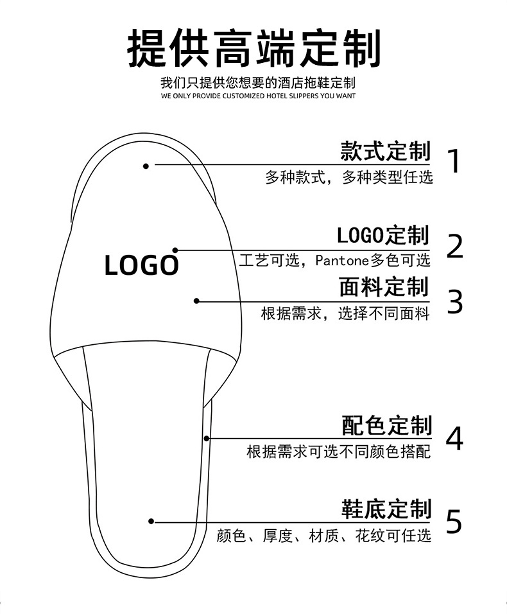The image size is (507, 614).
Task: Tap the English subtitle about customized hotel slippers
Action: [x=258, y=96]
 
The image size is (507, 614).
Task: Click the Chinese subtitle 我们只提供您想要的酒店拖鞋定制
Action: [x=258, y=83]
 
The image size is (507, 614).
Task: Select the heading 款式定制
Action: [x=385, y=152]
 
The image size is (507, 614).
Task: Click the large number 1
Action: [x=454, y=161]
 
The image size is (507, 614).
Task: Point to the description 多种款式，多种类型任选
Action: [x=349, y=177]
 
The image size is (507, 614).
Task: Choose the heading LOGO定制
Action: [x=383, y=235]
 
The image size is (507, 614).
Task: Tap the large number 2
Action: [x=454, y=246]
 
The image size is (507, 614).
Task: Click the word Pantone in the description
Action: [x=343, y=261]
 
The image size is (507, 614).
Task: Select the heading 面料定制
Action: [x=384, y=287]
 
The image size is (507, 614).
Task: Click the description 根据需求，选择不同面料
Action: [x=345, y=313]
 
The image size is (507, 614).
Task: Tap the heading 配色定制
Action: [x=386, y=425]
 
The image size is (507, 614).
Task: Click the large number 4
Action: [x=454, y=439]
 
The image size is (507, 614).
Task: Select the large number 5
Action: [x=454, y=522]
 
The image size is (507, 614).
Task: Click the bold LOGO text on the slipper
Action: [x=141, y=265]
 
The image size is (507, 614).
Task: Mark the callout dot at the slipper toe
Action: [x=146, y=166]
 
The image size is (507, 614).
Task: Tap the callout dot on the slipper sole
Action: [x=151, y=522]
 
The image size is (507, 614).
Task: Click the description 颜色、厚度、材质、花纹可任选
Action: [x=324, y=535]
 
